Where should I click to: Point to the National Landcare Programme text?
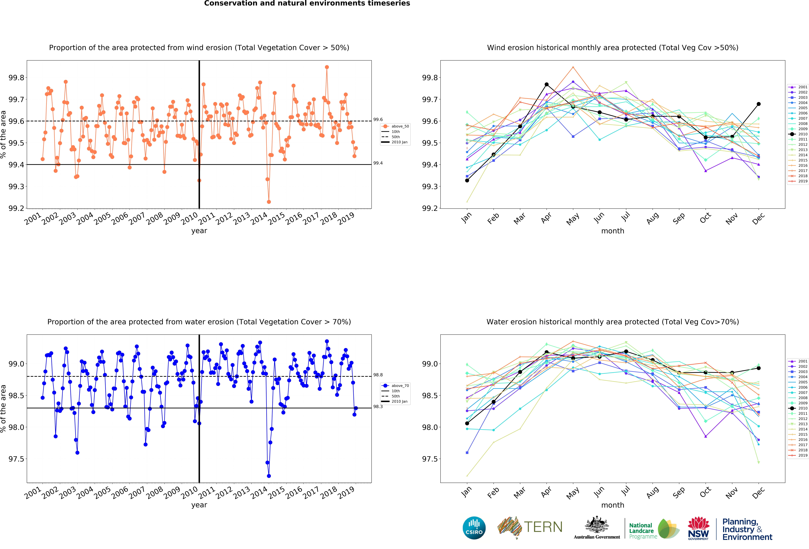click(x=643, y=531)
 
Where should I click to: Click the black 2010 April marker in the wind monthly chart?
click(x=547, y=84)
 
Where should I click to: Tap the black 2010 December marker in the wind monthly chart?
click(x=759, y=104)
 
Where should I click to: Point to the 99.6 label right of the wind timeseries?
click(x=378, y=120)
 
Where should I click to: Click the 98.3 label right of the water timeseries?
click(x=378, y=406)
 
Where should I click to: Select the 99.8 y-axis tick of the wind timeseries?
click(x=16, y=78)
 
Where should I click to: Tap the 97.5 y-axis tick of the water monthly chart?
click(x=430, y=459)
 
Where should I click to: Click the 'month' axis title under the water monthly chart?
click(x=613, y=505)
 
